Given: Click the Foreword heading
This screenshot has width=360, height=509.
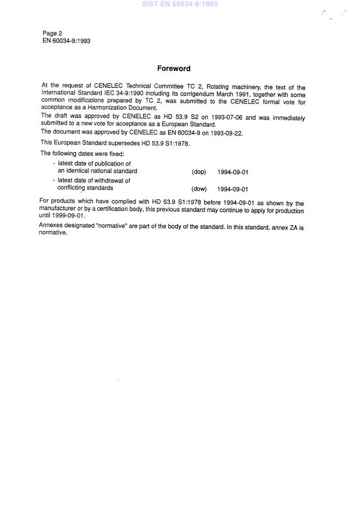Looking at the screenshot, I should click(173, 69).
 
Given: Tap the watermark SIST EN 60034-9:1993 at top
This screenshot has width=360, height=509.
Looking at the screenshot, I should click(181, 4).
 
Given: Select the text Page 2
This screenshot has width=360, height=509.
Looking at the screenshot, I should click(52, 34).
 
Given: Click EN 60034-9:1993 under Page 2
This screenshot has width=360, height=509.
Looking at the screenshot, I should click(66, 41).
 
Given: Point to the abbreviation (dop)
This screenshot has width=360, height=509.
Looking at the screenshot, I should click(198, 172).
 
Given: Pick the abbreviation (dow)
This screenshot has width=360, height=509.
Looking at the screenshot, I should click(199, 189).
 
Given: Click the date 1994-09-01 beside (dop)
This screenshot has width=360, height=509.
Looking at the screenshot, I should click(233, 172).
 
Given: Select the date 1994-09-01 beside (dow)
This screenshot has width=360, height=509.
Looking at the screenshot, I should click(233, 189).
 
